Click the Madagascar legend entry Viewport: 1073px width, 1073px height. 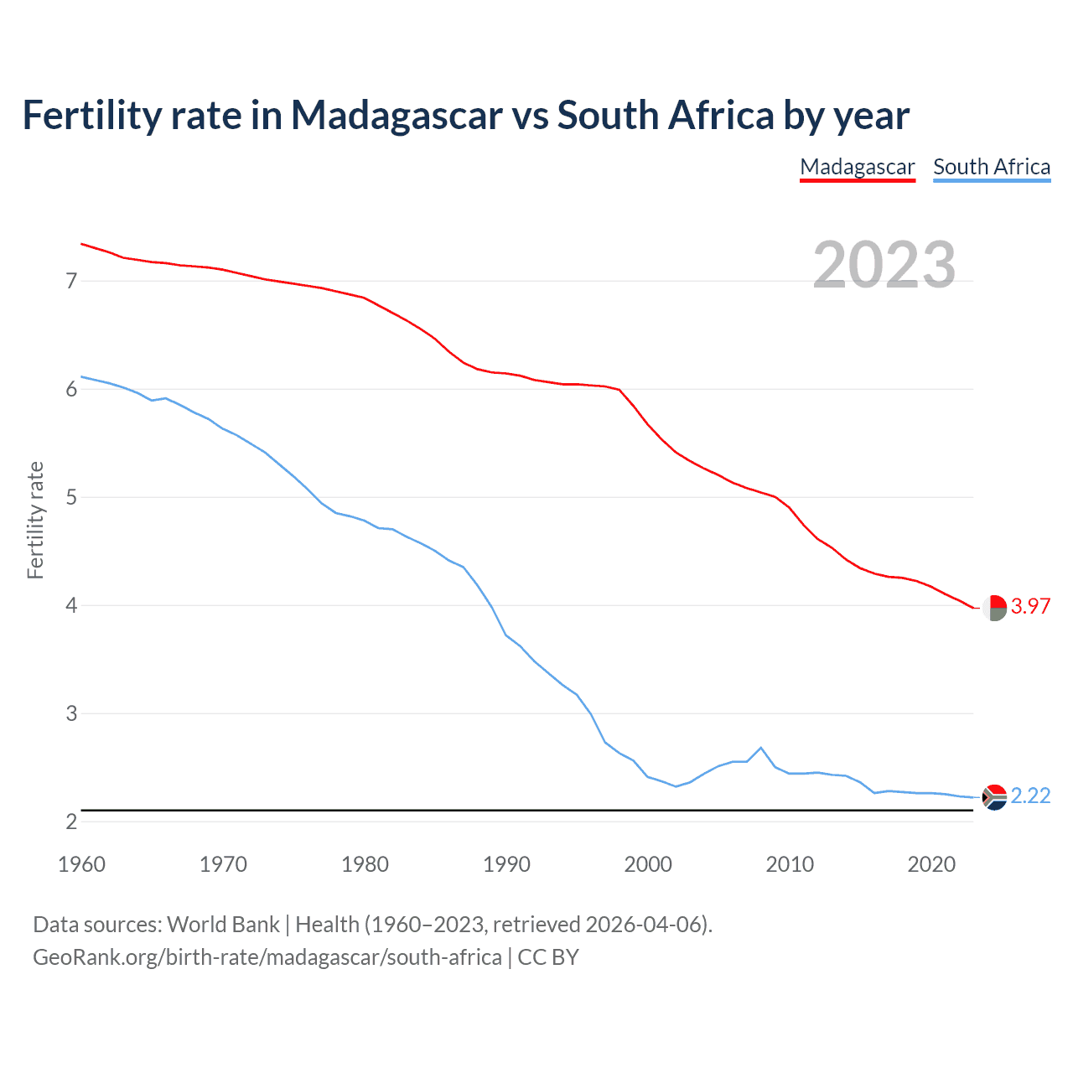point(857,167)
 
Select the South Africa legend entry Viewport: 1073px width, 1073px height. point(992,167)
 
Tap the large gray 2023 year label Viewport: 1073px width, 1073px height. point(884,265)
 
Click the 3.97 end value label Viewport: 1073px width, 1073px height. point(1030,606)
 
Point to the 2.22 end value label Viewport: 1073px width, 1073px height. point(1030,796)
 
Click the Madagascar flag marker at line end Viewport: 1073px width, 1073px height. point(994,607)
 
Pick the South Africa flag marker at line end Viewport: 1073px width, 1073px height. point(994,796)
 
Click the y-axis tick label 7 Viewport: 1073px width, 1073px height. point(71,281)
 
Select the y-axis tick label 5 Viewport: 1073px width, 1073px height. point(71,497)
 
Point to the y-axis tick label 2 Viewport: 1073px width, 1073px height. point(71,822)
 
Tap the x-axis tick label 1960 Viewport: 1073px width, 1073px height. point(81,864)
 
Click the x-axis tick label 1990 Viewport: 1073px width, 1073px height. point(506,864)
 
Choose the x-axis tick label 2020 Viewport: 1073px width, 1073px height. point(931,864)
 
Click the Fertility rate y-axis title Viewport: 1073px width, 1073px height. point(35,520)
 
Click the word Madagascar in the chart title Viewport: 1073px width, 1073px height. point(397,115)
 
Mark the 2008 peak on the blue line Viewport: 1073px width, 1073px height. point(760,748)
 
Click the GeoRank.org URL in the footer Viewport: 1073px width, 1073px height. point(267,956)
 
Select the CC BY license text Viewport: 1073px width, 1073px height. point(548,956)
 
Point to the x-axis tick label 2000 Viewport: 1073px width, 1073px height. point(648,864)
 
